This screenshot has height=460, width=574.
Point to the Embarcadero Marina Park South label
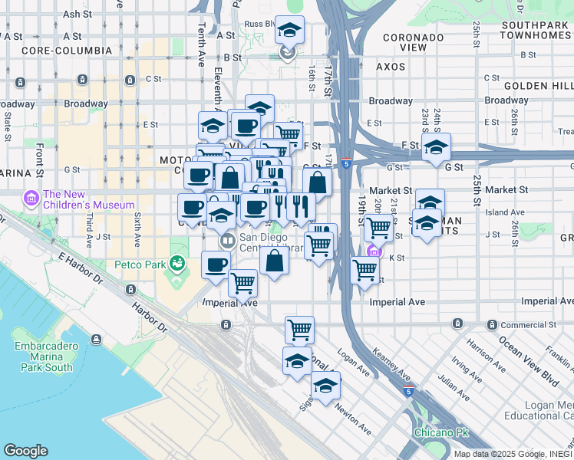44,356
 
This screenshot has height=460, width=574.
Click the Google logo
25,450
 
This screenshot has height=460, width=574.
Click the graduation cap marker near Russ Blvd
289,31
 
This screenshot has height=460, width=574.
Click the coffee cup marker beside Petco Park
216,266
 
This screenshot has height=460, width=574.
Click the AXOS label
391,67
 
